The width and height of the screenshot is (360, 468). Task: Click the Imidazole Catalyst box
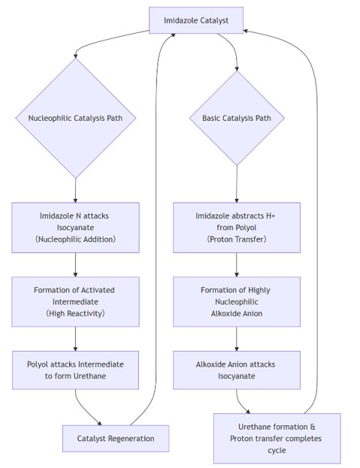196,20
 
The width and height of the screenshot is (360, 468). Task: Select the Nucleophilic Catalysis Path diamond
75,118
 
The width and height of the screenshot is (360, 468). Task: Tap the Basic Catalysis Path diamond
237,118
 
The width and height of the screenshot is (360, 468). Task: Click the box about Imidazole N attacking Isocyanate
75,228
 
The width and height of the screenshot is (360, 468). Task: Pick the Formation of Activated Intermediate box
75,301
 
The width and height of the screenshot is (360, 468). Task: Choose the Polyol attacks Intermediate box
75,370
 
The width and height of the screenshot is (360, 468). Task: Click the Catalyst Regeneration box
116,439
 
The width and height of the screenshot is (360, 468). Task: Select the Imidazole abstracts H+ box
237,228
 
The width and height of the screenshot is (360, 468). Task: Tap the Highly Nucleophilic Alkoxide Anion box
237,301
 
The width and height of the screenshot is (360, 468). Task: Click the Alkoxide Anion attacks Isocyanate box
237,370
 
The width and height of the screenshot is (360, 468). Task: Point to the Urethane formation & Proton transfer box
277,439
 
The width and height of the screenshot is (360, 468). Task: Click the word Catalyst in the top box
214,20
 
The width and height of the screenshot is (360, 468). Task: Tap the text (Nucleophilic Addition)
75,239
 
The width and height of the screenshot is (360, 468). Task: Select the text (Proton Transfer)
237,239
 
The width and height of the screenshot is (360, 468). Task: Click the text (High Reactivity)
75,313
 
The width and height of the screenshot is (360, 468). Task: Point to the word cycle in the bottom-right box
277,450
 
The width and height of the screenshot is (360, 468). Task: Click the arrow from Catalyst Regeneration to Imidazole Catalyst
156,227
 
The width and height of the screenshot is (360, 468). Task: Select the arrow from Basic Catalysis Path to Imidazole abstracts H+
237,184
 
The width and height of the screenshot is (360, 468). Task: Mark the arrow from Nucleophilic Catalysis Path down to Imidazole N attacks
75,190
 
